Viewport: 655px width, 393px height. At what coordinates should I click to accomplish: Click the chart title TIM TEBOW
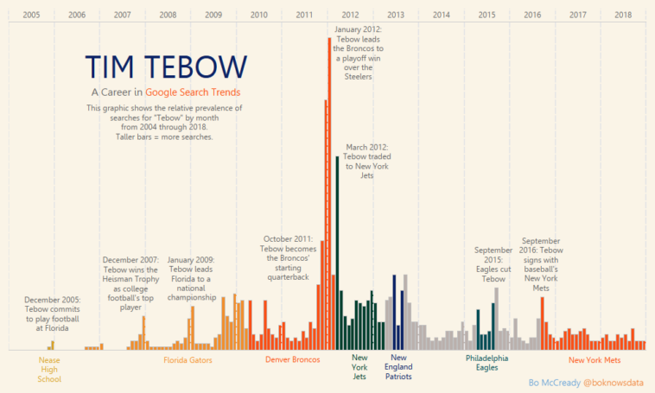tap(167, 67)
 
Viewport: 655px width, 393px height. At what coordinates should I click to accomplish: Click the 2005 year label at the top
tap(31, 15)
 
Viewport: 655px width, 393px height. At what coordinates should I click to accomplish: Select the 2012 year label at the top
tap(350, 15)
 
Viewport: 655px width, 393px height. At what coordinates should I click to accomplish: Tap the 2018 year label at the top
tap(623, 15)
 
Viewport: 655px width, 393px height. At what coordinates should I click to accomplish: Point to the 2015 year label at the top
tap(486, 15)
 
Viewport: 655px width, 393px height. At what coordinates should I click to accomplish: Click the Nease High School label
tap(50, 369)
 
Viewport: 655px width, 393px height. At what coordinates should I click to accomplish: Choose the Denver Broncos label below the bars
tap(292, 359)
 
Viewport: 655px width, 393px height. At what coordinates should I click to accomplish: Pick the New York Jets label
tap(359, 368)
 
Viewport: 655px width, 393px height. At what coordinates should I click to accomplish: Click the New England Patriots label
tap(398, 368)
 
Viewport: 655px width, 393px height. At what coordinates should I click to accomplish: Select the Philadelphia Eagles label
tap(486, 363)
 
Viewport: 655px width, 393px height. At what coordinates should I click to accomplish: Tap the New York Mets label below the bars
tap(595, 359)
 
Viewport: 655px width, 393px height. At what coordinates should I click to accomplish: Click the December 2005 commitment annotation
tap(52, 314)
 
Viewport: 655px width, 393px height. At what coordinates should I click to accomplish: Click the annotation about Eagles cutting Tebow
tap(493, 264)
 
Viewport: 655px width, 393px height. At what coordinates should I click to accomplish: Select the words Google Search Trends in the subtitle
tap(193, 92)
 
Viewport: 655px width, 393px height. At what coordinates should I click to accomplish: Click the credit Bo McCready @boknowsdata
tap(586, 382)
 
